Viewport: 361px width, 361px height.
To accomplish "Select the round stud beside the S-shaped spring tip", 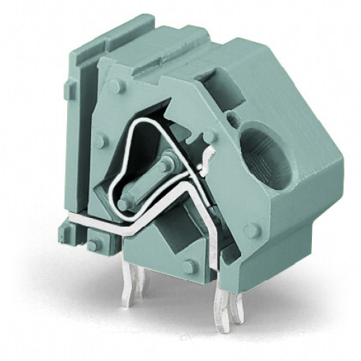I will point(210,135).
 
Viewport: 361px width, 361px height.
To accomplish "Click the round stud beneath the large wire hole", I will point(252,231).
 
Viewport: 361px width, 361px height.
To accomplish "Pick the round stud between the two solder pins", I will point(190,266).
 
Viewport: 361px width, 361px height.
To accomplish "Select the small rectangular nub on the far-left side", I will point(68,90).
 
